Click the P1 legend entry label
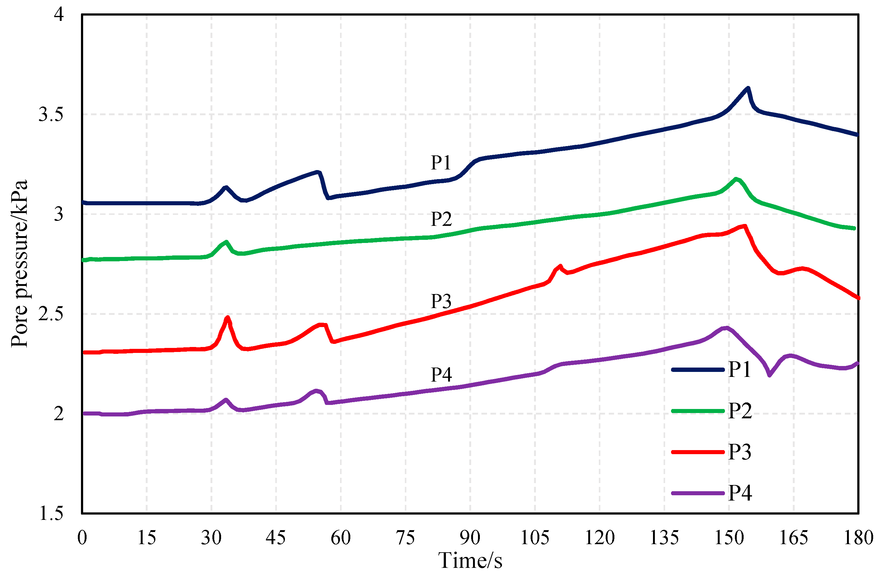740,369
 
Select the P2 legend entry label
740,411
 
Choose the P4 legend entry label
740,492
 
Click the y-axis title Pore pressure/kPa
19,263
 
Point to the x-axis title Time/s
470,560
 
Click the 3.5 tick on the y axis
51,114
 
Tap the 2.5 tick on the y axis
51,314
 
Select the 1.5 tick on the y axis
51,513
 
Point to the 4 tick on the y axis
59,15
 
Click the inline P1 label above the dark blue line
441,163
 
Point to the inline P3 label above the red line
441,302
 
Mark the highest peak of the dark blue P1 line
748,88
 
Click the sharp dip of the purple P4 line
769,375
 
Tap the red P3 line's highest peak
745,226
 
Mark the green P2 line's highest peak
736,179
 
